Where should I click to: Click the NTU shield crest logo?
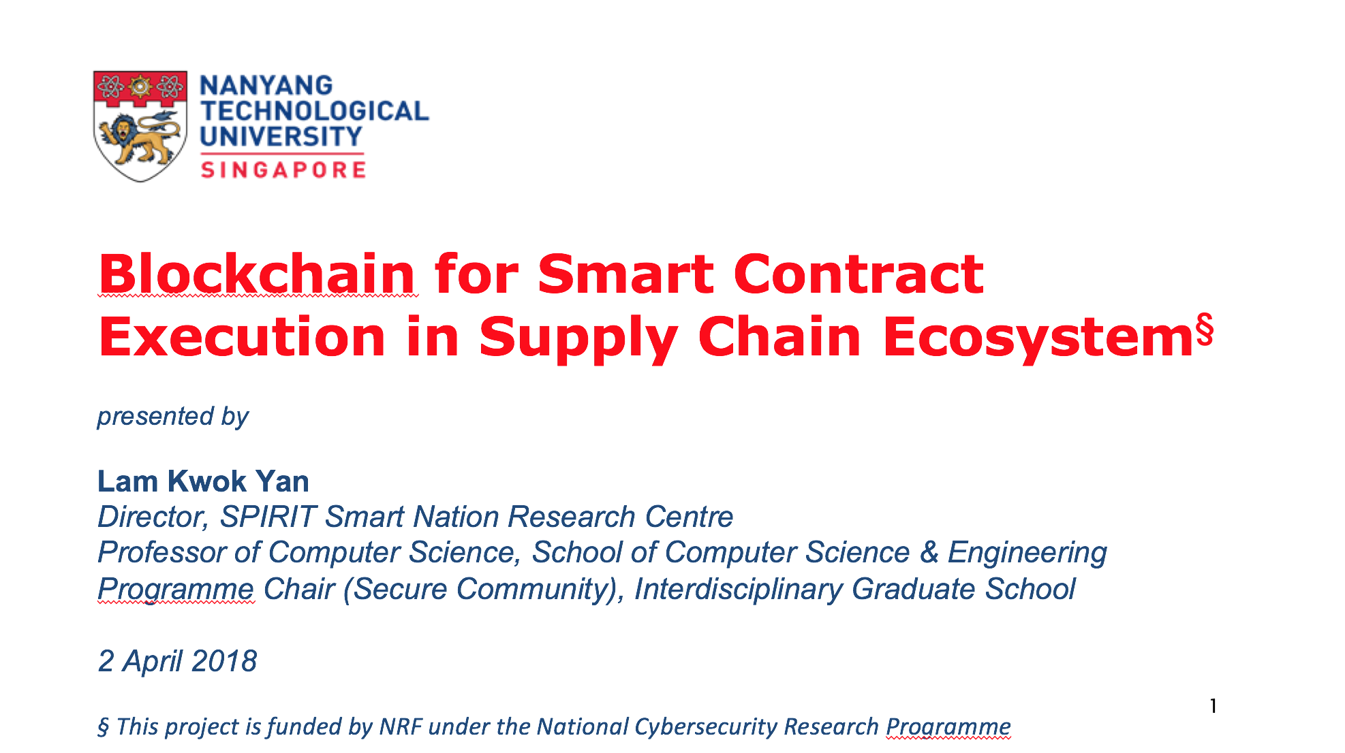pyautogui.click(x=140, y=126)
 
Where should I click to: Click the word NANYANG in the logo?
pyautogui.click(x=266, y=86)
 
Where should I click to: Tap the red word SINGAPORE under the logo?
pyautogui.click(x=283, y=170)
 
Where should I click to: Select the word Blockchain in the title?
pyautogui.click(x=258, y=274)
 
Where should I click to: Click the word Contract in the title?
pyautogui.click(x=858, y=274)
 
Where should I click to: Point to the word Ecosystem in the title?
pyautogui.click(x=1037, y=337)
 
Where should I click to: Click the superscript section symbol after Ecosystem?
pyautogui.click(x=1205, y=330)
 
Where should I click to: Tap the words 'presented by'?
pyautogui.click(x=173, y=416)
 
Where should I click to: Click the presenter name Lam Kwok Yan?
pyautogui.click(x=204, y=481)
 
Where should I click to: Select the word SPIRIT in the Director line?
pyautogui.click(x=268, y=517)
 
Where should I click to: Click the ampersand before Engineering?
pyautogui.click(x=929, y=552)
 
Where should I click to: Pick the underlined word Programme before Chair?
pyautogui.click(x=176, y=589)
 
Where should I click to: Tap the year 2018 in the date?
pyautogui.click(x=224, y=661)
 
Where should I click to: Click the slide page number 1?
pyautogui.click(x=1213, y=706)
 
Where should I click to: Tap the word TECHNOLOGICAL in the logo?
pyautogui.click(x=315, y=112)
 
